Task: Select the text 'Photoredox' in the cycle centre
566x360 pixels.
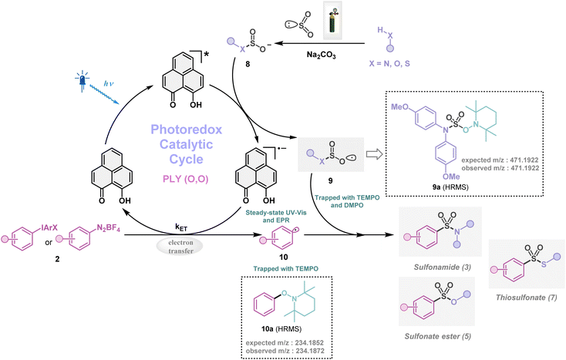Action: [x=182, y=127]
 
